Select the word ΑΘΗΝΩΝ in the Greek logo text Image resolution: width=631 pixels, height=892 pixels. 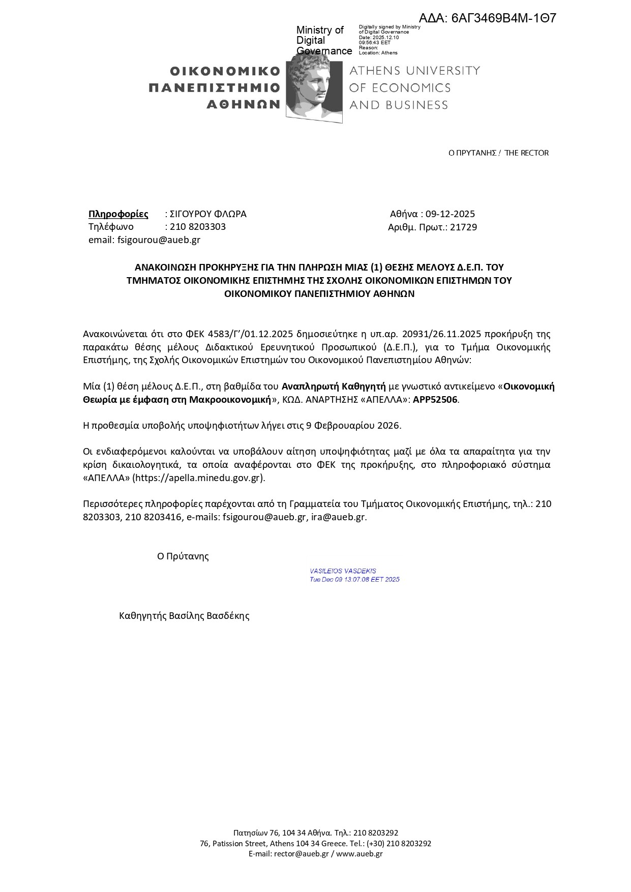pos(244,105)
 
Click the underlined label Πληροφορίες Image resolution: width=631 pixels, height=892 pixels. pos(118,214)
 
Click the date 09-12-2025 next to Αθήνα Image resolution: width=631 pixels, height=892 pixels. pos(450,214)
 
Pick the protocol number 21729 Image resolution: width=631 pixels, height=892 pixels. pos(463,227)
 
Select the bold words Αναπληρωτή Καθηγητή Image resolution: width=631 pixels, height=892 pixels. pos(334,386)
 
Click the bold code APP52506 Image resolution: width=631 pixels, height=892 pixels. pos(435,399)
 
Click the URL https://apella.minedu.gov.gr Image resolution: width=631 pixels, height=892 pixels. pos(199,478)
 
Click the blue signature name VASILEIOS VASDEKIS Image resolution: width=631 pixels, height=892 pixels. pos(343,571)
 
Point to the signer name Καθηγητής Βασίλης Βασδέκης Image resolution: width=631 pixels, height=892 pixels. pos(184,616)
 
